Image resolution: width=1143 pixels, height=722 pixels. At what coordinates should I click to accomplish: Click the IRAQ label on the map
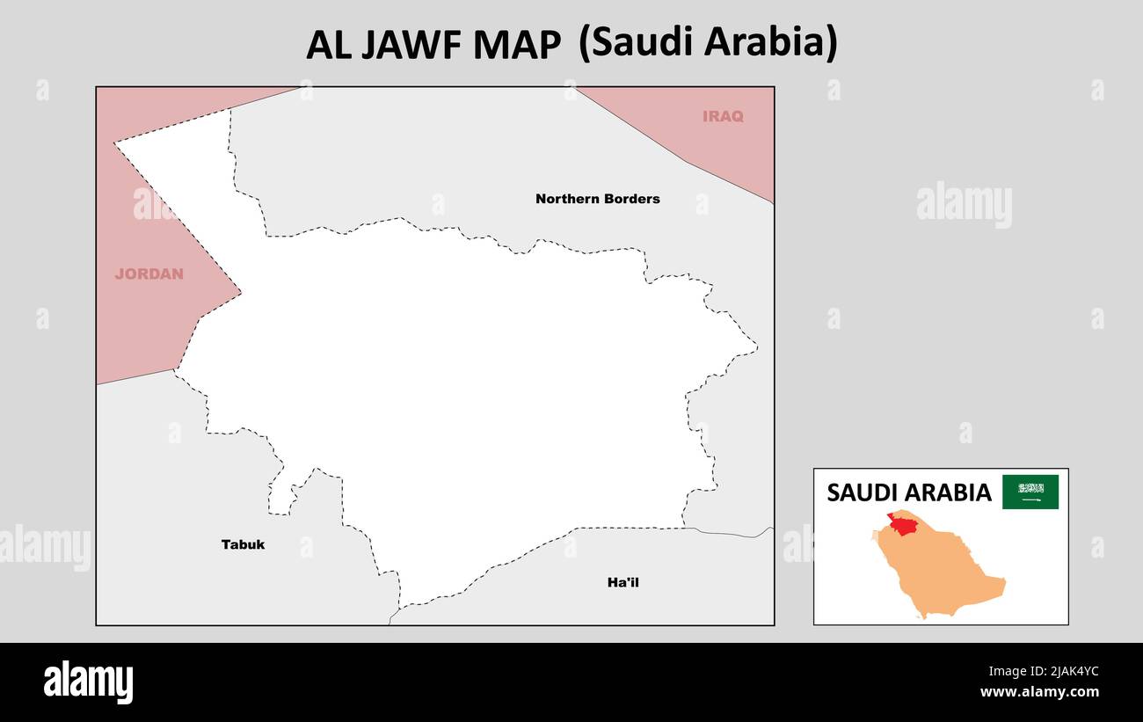[x=723, y=116]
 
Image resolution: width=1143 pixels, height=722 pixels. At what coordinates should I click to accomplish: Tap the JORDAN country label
[x=149, y=273]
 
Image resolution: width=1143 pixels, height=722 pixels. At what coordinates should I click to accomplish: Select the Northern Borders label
[x=597, y=199]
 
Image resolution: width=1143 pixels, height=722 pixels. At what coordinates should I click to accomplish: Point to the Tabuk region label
[x=243, y=544]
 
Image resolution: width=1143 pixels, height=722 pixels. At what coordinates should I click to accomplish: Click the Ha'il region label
[x=622, y=582]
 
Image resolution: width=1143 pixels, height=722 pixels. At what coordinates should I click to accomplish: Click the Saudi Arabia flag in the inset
[x=1030, y=492]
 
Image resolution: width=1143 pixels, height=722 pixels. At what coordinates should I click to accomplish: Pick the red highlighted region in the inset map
[x=902, y=524]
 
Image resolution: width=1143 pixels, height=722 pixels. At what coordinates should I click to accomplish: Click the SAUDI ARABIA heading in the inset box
[x=908, y=492]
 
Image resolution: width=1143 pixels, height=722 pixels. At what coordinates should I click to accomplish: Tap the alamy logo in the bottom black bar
[x=88, y=682]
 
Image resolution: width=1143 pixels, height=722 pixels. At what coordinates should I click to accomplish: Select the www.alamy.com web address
[x=1040, y=692]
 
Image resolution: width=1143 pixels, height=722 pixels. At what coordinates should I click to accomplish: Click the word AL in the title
[x=327, y=45]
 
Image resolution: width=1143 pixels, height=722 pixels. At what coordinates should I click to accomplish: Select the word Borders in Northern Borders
[x=630, y=199]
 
